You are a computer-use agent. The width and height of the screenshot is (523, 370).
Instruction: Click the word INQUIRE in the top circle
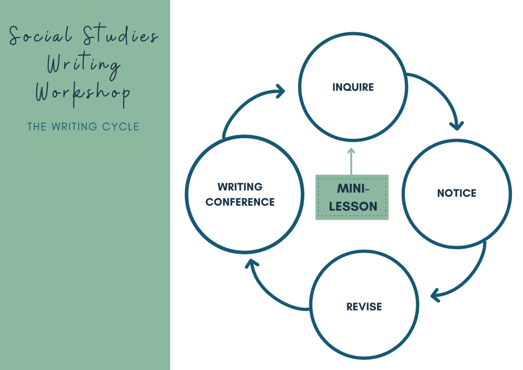pos(353,87)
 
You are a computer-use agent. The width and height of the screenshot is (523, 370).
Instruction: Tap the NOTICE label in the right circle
pos(456,193)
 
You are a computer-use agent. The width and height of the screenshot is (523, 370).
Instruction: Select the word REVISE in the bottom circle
pos(364,307)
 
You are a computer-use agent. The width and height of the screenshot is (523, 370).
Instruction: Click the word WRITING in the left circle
pos(240,187)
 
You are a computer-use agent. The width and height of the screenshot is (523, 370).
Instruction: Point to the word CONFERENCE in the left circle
pos(240,202)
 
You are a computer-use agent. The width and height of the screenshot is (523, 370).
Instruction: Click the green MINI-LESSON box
pos(352,198)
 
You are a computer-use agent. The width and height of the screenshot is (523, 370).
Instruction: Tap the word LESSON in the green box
pos(353,207)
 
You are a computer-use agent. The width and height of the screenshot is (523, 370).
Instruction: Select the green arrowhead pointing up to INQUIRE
pos(351,151)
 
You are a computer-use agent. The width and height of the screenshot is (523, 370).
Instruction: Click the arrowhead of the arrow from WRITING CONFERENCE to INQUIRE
pos(280,92)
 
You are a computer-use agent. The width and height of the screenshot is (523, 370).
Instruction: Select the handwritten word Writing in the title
pos(83,66)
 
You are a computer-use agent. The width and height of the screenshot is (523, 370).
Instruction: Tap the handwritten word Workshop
pos(82,93)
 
